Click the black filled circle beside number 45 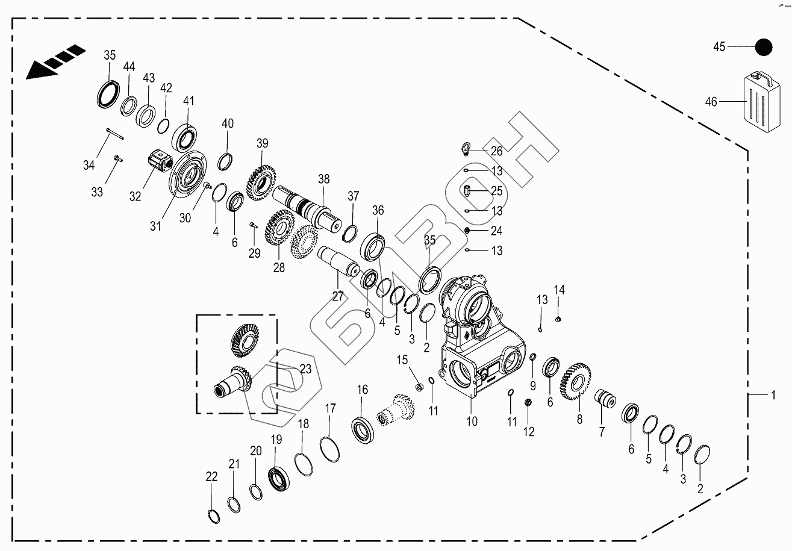764,47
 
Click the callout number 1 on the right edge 771,395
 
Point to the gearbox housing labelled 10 476,343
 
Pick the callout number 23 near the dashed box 305,369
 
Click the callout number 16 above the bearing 362,390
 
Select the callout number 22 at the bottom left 211,477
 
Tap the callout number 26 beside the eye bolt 496,151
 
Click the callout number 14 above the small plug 560,290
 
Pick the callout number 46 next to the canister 711,102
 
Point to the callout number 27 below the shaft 337,296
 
